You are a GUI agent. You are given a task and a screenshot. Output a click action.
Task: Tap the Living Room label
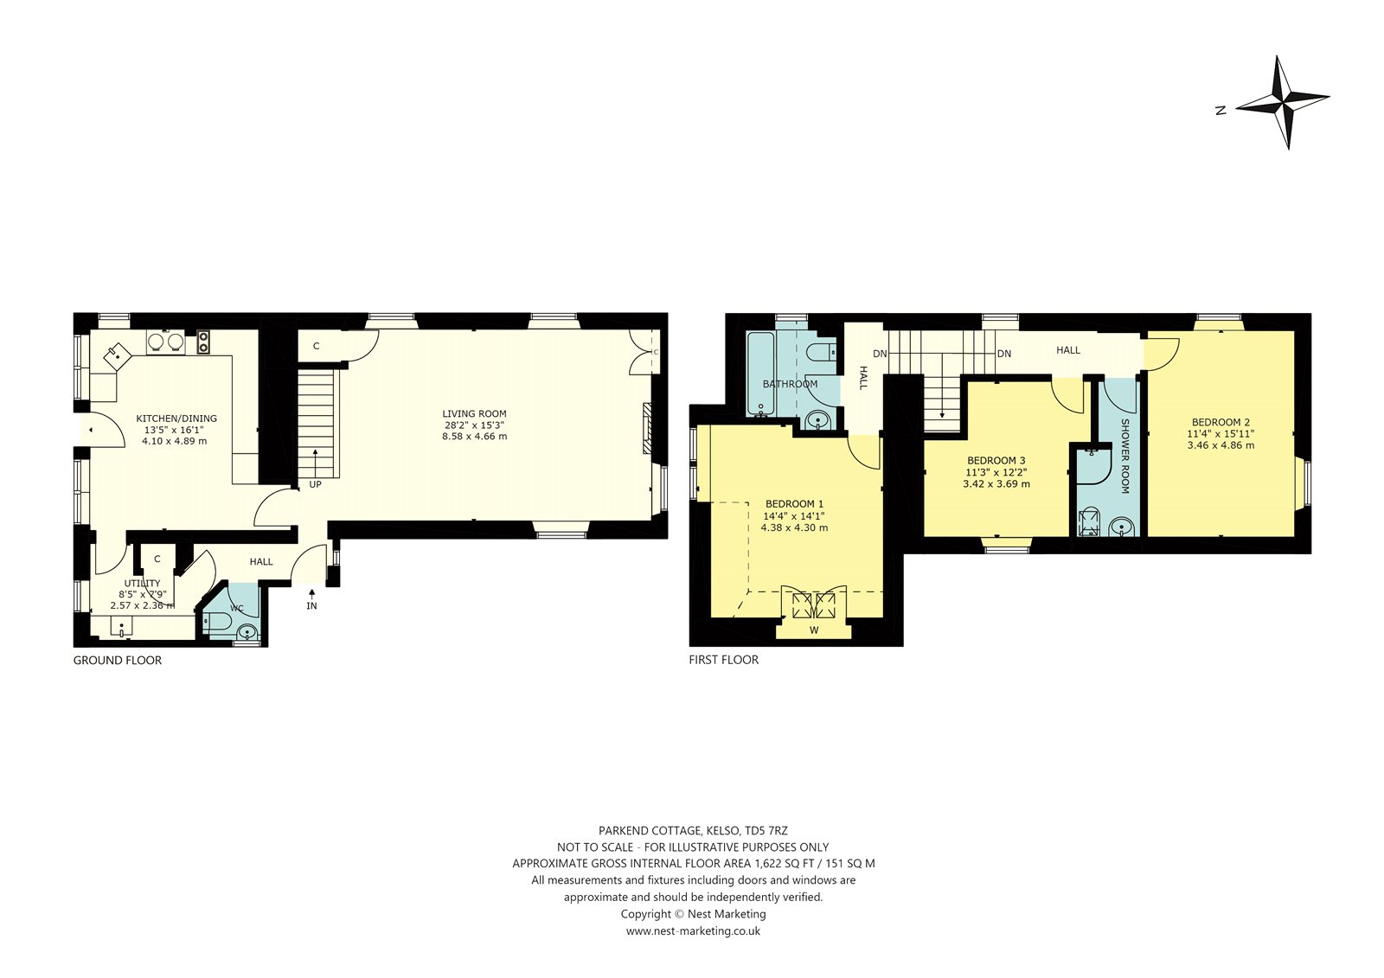point(474,413)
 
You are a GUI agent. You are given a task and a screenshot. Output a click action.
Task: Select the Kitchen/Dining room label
point(176,419)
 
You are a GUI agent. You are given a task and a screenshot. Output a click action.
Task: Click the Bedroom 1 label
point(794,503)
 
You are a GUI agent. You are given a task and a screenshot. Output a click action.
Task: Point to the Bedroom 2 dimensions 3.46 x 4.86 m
point(1221,444)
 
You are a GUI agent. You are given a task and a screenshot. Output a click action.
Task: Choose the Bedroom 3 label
point(996,460)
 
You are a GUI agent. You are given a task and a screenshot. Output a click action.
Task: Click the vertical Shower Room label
point(1124,456)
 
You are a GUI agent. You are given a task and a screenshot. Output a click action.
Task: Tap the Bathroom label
point(790,384)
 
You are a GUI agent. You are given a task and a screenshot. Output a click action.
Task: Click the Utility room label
point(142,583)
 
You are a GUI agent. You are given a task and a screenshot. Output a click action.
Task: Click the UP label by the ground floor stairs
point(315,484)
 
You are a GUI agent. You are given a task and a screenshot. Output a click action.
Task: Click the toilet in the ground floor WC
point(215,622)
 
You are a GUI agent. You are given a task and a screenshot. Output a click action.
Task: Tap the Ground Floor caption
point(118,660)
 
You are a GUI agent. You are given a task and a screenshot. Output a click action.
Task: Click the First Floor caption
point(723,659)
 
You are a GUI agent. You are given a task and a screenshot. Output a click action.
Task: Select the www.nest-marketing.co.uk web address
point(693,930)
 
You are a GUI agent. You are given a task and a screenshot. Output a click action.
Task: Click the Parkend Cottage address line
point(693,830)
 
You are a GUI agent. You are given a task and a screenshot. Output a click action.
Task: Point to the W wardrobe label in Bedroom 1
point(814,630)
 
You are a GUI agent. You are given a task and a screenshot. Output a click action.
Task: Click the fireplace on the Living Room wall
point(648,428)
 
